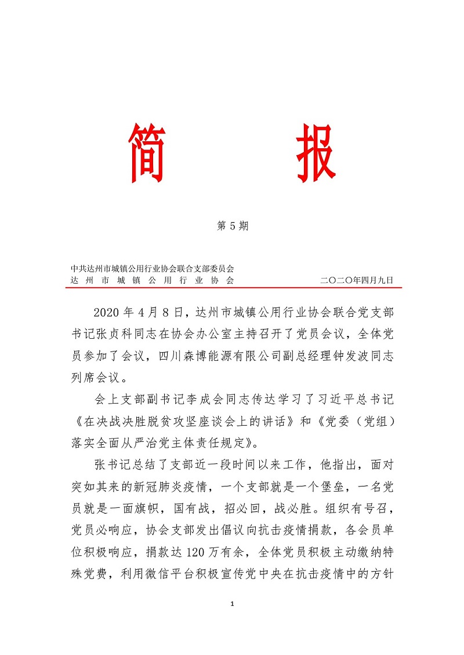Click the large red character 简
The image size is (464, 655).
pos(148,152)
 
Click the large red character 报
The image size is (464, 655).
pos(316,152)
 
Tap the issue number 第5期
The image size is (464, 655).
pos(232,226)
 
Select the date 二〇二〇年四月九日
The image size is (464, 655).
pos(357,280)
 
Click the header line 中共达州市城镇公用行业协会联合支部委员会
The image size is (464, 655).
pos(152,269)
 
